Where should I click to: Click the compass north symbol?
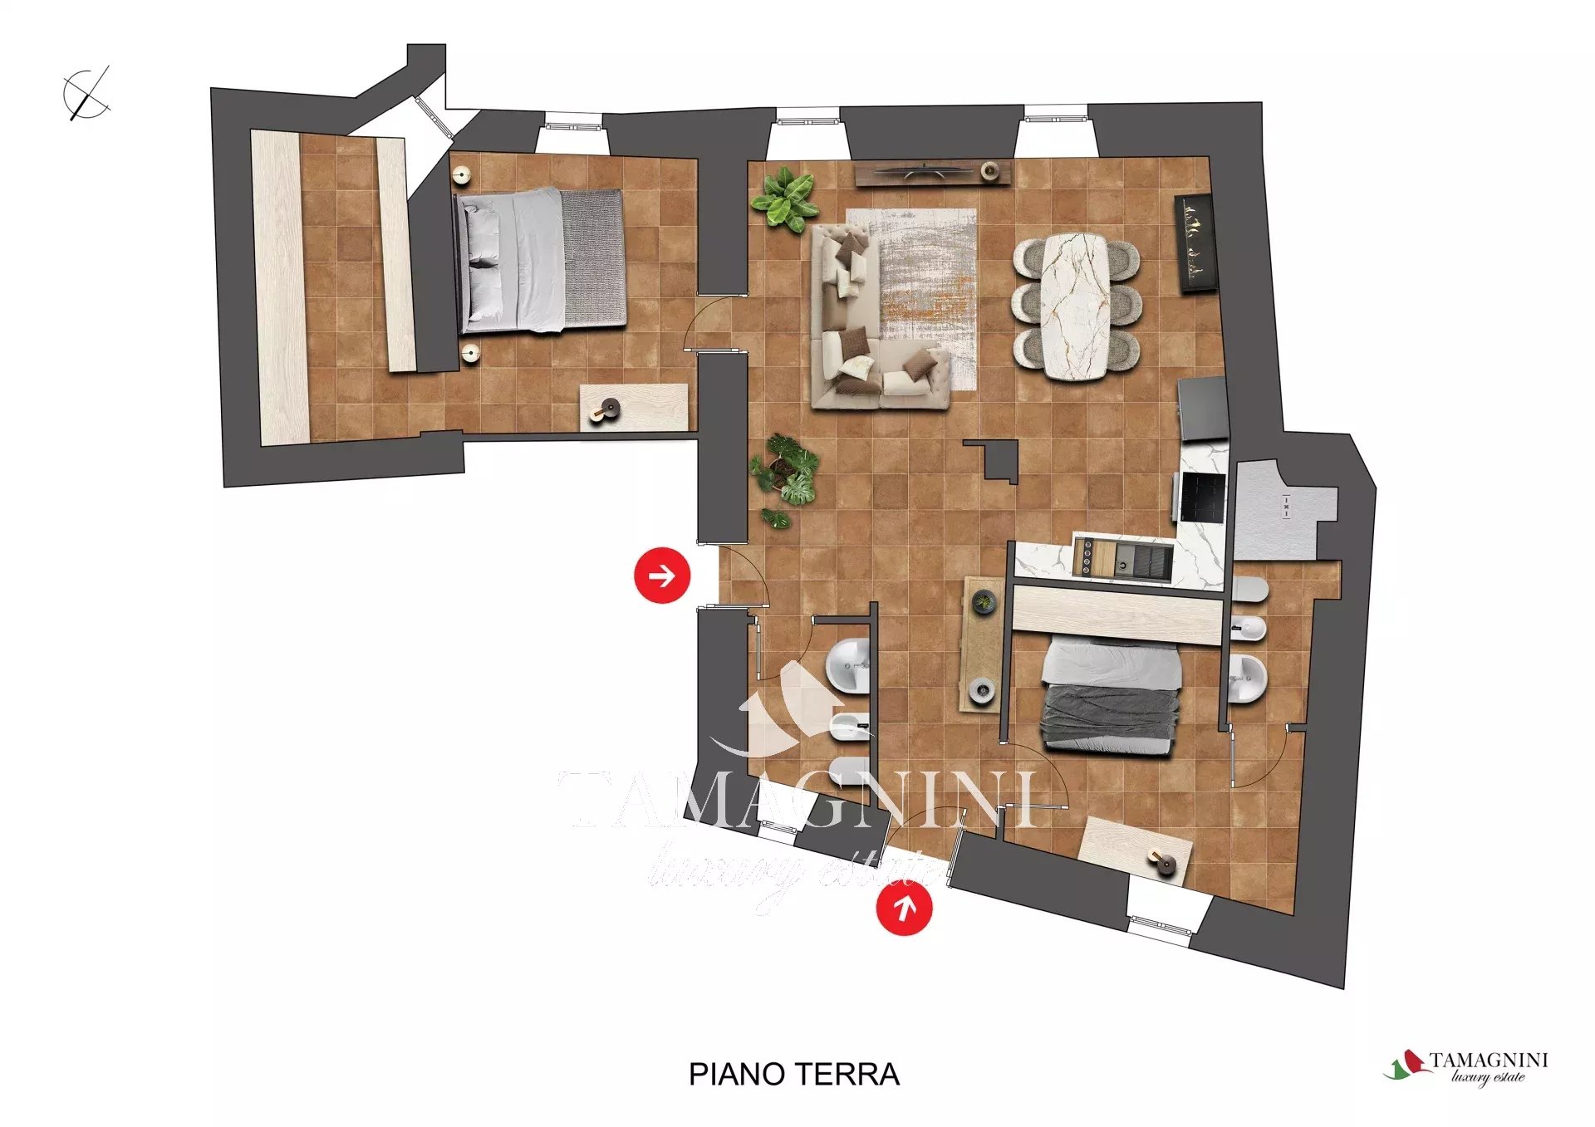point(86,93)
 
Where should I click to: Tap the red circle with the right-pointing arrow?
point(662,575)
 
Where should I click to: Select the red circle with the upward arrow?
point(904,908)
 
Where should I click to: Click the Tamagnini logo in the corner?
point(1466,1067)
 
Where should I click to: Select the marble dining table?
point(1076,306)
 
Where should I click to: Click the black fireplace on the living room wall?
point(1196,243)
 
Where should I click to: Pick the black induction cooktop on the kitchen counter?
point(1203,497)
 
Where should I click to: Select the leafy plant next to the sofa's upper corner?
point(784,198)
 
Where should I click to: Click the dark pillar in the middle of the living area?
point(996,460)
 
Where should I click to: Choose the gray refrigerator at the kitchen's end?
point(1203,409)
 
